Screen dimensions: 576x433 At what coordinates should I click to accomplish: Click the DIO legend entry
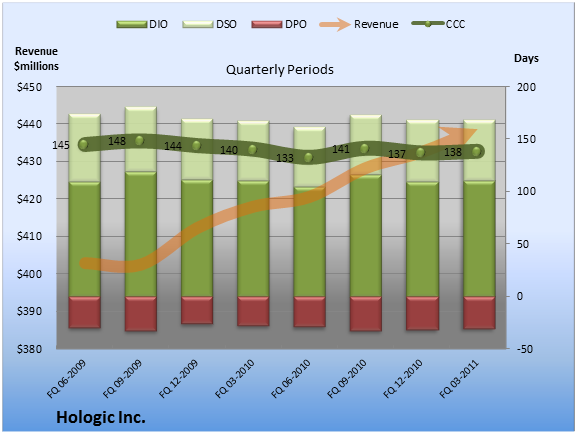(x=142, y=24)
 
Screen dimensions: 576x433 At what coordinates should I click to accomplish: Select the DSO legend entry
(x=209, y=24)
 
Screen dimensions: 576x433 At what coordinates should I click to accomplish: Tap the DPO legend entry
(x=279, y=24)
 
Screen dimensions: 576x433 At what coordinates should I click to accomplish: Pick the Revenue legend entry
(x=359, y=24)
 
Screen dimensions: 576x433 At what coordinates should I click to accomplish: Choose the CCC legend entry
(x=439, y=24)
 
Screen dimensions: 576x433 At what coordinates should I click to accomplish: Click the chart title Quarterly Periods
(x=280, y=69)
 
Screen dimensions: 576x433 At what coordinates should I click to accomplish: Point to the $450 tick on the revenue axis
(x=29, y=87)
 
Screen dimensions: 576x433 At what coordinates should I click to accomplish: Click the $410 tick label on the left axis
(x=29, y=236)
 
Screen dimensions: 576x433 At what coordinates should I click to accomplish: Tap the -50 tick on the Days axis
(x=525, y=349)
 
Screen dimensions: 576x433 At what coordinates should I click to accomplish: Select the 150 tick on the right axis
(x=526, y=139)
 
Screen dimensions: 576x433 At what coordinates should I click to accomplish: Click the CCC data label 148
(x=117, y=141)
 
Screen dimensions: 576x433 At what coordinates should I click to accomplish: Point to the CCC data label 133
(x=285, y=158)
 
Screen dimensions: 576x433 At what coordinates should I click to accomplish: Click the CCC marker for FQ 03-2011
(x=476, y=151)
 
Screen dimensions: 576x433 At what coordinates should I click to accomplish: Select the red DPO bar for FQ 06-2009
(x=84, y=312)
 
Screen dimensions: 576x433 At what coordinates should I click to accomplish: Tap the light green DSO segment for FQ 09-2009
(x=141, y=139)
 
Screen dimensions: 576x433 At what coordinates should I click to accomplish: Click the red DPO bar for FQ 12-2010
(x=422, y=313)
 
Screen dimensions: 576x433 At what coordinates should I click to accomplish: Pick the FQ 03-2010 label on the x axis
(x=235, y=379)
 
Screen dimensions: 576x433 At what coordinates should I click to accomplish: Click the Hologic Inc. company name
(x=101, y=418)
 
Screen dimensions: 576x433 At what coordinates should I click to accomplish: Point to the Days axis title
(x=526, y=58)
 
